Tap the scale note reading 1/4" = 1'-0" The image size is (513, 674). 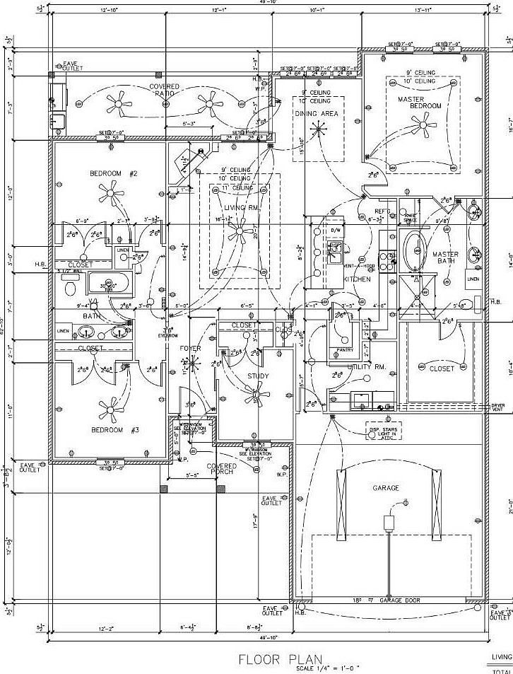(328, 668)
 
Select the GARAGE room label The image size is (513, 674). (386, 488)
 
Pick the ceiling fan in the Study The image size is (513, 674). (259, 395)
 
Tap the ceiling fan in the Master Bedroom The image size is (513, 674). (423, 128)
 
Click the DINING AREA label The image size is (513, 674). (316, 113)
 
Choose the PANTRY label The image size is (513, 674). (345, 349)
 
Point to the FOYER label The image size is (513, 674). (191, 349)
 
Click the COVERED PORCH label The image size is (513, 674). (221, 470)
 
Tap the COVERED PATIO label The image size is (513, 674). (164, 90)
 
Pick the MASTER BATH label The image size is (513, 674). (445, 257)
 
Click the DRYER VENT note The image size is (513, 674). (498, 408)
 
